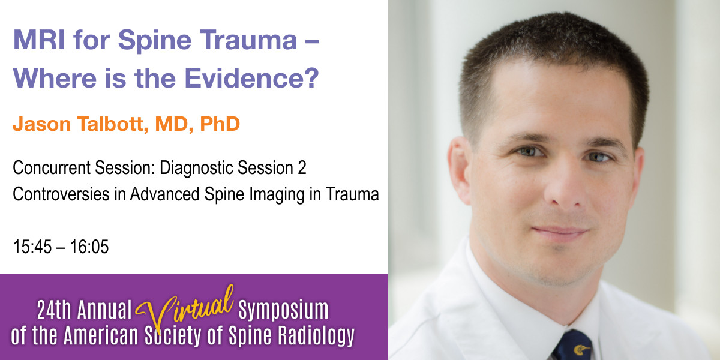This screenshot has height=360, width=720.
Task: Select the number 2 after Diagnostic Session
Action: tap(302, 169)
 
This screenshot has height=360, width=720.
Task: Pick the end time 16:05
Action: tap(90, 247)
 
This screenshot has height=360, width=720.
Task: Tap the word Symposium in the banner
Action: tap(283, 311)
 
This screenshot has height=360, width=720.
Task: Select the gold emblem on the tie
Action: tap(581, 349)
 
